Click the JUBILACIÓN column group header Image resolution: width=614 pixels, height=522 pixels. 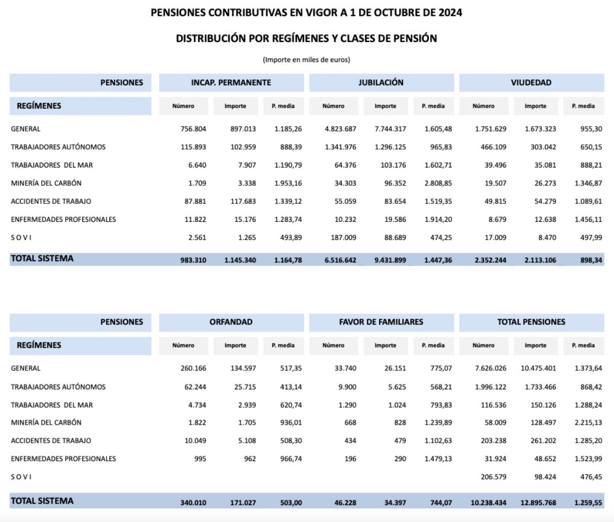[x=381, y=83]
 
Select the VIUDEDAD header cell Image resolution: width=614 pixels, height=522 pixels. [x=531, y=83]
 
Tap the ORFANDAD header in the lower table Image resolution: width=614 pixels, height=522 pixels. [x=231, y=322]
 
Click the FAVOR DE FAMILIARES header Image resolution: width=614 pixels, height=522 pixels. [x=381, y=322]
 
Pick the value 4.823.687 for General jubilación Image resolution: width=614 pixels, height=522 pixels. [x=340, y=129]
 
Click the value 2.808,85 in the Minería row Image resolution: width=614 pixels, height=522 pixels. [x=438, y=183]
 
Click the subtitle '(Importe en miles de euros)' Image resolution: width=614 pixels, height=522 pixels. [x=306, y=60]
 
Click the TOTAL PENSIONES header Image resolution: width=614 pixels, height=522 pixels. [x=531, y=322]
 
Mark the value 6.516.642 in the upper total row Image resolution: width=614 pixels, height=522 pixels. [x=340, y=260]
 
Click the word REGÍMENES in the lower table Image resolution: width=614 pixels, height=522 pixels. [x=39, y=345]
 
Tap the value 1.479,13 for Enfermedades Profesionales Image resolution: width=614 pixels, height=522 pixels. [x=438, y=458]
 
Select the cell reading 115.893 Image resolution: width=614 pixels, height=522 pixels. [x=194, y=147]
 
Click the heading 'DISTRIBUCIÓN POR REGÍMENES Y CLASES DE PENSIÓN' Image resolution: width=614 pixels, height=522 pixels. [x=306, y=39]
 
